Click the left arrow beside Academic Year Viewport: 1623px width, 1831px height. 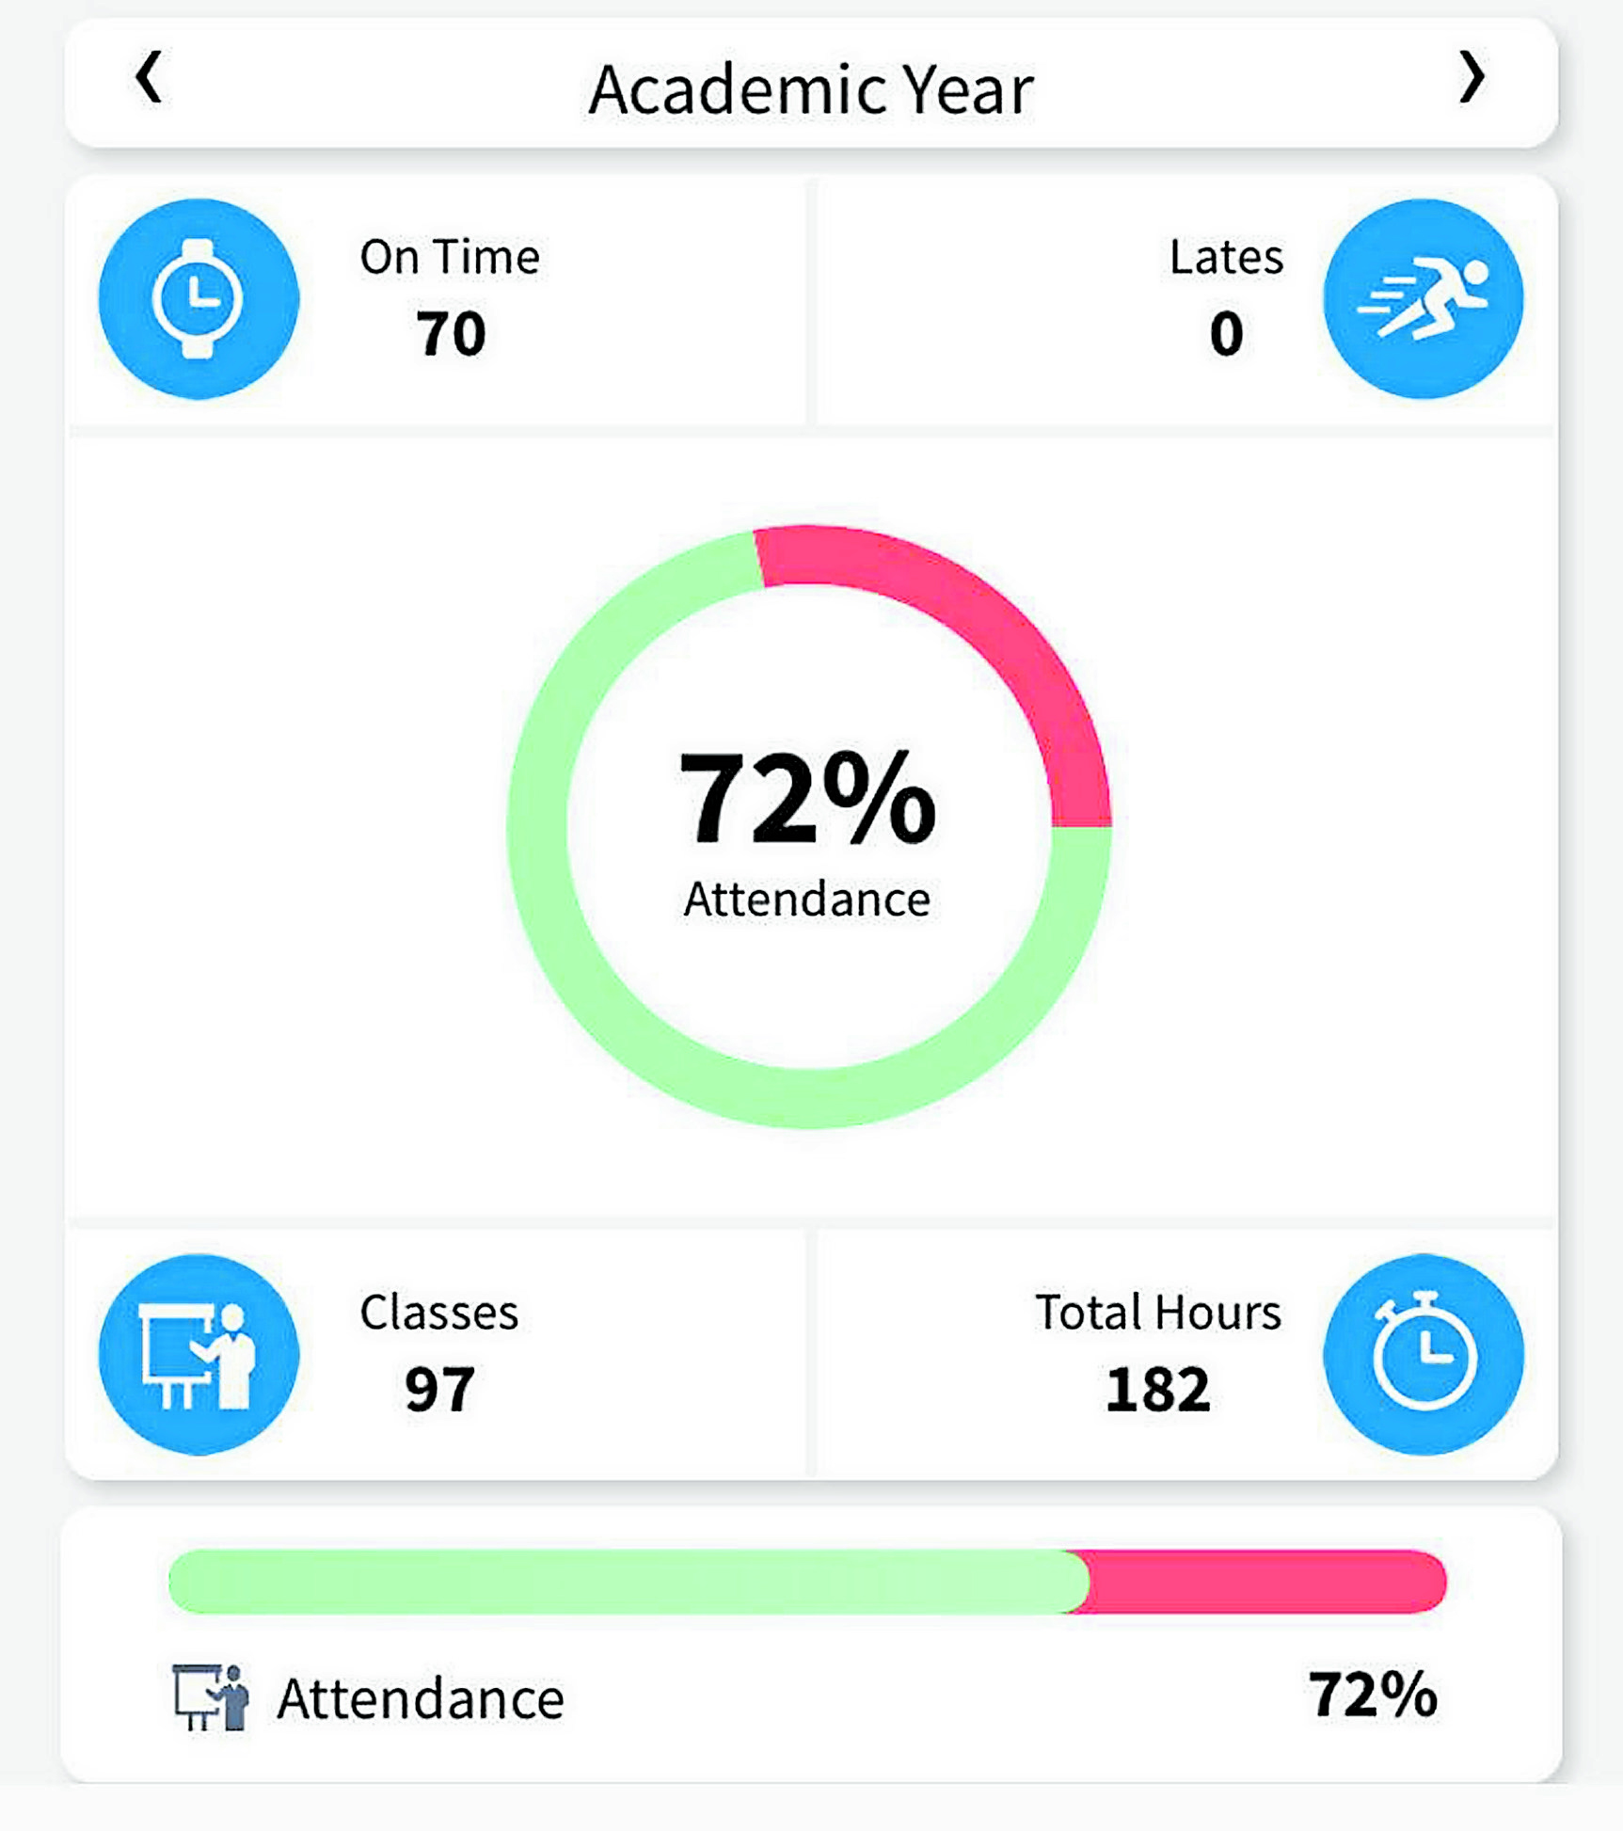coord(149,77)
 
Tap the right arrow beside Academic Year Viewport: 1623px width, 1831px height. coord(1472,77)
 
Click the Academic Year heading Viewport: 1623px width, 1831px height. coord(810,90)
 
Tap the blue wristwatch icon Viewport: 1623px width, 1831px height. coord(199,299)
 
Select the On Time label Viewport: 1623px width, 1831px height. coord(450,257)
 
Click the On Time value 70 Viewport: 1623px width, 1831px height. coord(451,333)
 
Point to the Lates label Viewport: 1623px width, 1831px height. coord(1225,257)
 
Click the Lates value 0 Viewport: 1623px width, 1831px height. coord(1226,333)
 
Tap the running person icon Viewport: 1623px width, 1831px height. coord(1423,299)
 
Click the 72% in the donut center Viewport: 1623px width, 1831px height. coord(807,798)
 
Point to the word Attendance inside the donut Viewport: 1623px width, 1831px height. coord(807,900)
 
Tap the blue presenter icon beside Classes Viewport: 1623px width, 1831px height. coord(199,1355)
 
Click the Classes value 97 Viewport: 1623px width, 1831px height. coord(439,1389)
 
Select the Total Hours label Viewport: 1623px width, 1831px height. coord(1157,1313)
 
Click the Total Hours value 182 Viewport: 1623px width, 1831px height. coord(1157,1389)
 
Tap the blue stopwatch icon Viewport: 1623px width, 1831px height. coord(1423,1355)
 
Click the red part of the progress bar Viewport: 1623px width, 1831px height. coord(1261,1582)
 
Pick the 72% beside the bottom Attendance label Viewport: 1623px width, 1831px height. coord(1373,1695)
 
